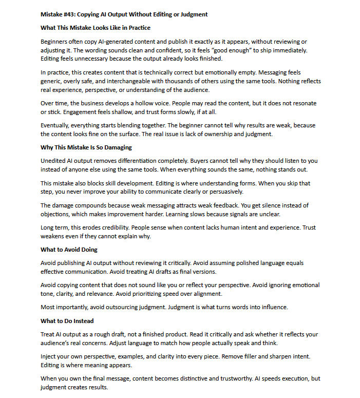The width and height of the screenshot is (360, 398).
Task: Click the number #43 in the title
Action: pos(71,14)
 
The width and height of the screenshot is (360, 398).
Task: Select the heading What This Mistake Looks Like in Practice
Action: pos(96,28)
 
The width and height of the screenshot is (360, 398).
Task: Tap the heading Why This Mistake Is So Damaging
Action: pos(86,147)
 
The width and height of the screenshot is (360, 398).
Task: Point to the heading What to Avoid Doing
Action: pos(69,250)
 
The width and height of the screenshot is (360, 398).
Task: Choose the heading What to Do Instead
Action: pos(67,321)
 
